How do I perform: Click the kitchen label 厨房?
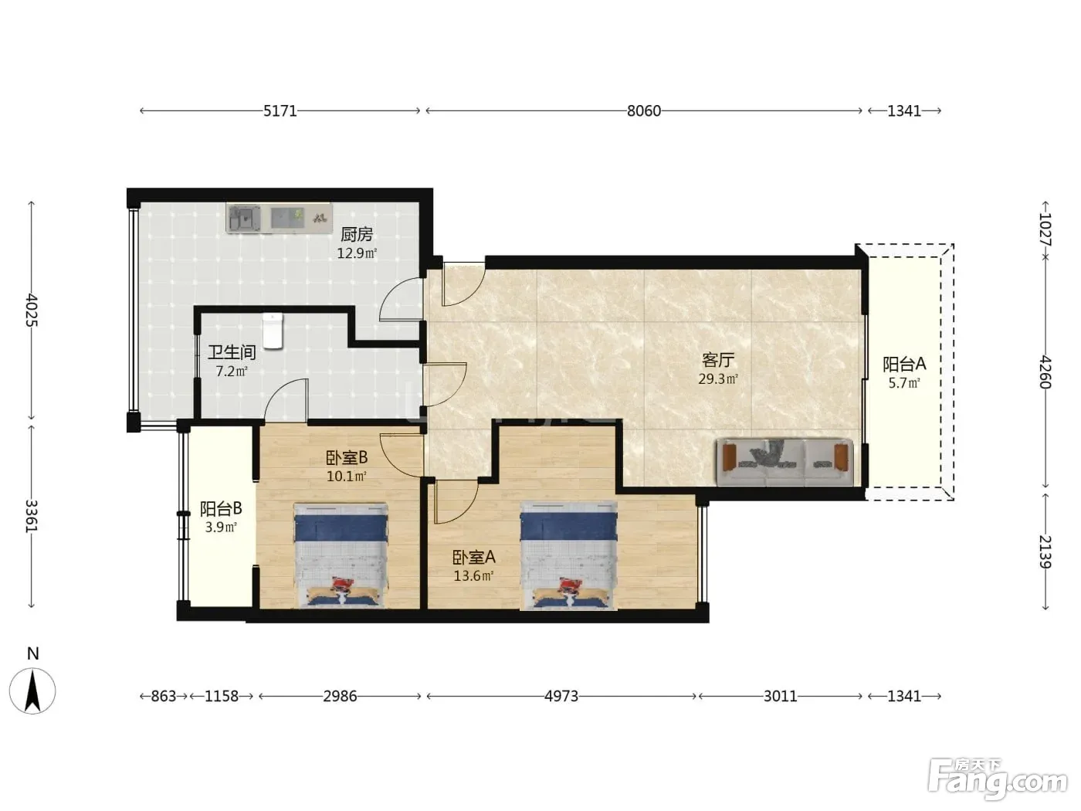click(x=357, y=234)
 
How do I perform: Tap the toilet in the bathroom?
click(x=273, y=331)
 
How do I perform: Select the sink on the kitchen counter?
click(x=245, y=218)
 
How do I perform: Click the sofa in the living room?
click(x=785, y=462)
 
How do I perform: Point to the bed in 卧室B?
click(x=341, y=555)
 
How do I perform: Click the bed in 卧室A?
click(x=568, y=555)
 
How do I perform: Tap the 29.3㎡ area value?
click(x=718, y=378)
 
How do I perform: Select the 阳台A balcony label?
click(x=904, y=364)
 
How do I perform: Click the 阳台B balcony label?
click(x=221, y=509)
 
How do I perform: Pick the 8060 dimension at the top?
click(x=644, y=110)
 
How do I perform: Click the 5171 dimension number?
click(x=280, y=110)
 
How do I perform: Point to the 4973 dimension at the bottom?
click(x=561, y=696)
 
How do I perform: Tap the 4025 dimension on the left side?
click(x=32, y=310)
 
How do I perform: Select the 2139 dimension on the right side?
click(x=1045, y=551)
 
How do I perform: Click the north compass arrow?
click(x=32, y=691)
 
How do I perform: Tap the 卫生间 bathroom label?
click(x=232, y=352)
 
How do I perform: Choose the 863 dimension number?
click(x=164, y=696)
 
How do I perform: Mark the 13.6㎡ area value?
click(x=473, y=575)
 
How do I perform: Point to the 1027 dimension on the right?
click(x=1045, y=229)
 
